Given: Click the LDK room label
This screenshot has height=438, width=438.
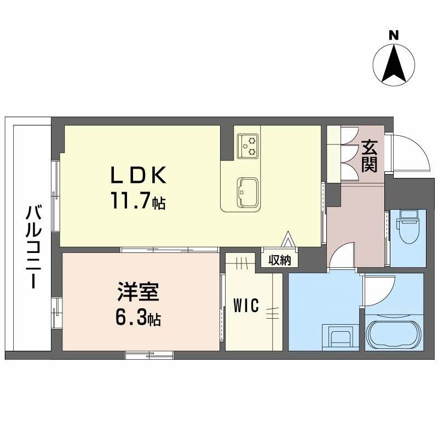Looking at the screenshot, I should [x=138, y=176].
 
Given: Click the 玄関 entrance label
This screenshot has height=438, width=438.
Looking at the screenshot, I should [x=370, y=156].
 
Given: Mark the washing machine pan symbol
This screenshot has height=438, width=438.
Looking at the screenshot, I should [x=341, y=336].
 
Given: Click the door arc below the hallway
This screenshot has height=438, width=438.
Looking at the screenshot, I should [x=343, y=256].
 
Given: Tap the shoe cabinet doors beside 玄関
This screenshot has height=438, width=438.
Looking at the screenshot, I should [x=348, y=154].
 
